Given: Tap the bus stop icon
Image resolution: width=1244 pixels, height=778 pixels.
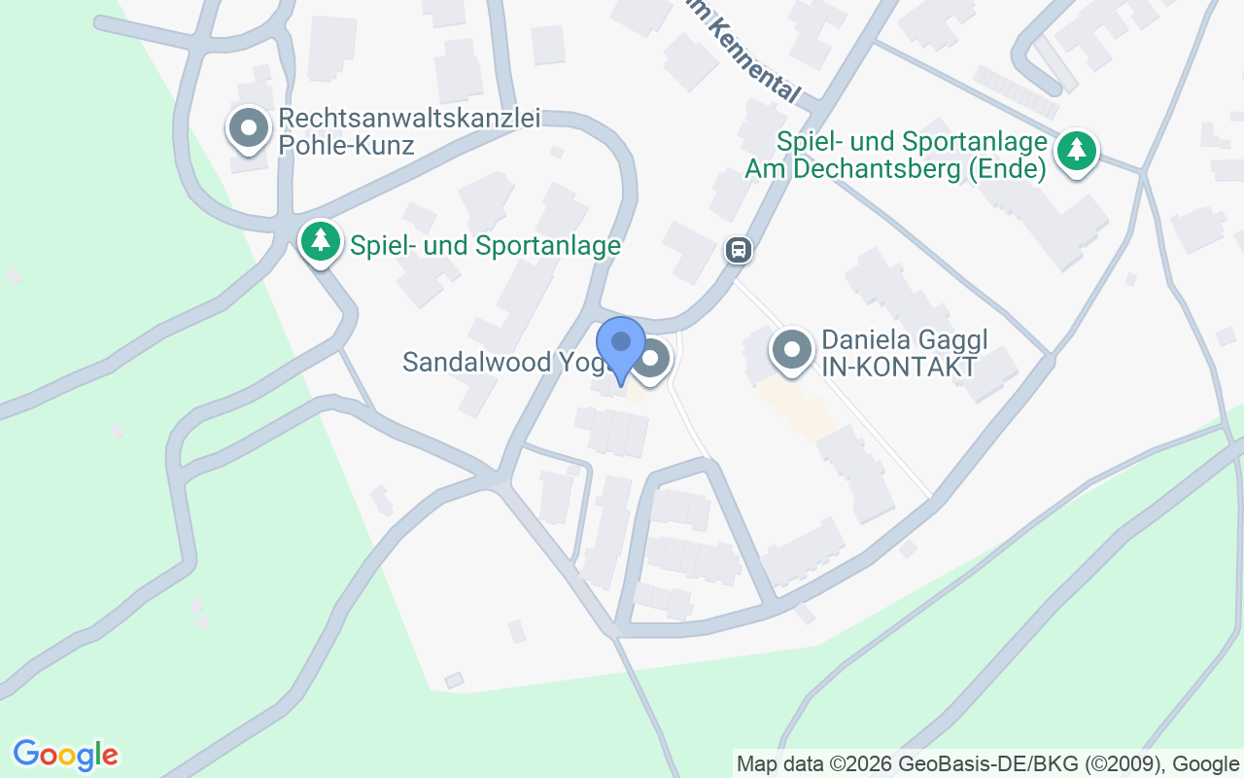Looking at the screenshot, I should point(739,250).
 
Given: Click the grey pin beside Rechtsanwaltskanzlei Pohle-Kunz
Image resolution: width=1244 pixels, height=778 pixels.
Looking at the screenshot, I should point(249,128).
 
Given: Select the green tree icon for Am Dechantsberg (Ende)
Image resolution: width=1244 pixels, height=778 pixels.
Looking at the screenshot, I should point(1076,150).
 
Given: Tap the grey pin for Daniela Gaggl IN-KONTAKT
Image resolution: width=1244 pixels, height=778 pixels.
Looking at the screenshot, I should point(792,348).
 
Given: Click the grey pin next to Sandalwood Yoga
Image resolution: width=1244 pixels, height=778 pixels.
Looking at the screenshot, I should point(652,360).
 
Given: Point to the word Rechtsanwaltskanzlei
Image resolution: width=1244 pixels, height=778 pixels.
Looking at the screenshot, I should point(409,119).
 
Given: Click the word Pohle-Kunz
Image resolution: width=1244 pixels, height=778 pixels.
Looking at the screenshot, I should point(346,146).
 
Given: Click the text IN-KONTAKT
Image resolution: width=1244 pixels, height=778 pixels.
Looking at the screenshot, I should point(899,367).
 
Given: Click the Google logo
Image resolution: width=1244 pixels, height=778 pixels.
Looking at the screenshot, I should point(65,754).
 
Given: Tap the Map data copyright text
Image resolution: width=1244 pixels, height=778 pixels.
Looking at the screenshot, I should point(986,763).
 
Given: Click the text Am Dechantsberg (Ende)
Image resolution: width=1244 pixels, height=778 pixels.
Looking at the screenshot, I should point(895,169).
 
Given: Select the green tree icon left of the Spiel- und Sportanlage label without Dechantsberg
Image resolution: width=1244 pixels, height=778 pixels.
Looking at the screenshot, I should point(321,240).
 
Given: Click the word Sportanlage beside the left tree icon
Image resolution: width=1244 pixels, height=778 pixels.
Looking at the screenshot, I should point(548,246).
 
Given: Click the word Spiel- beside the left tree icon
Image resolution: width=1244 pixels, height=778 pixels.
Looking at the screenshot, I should point(384,246).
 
